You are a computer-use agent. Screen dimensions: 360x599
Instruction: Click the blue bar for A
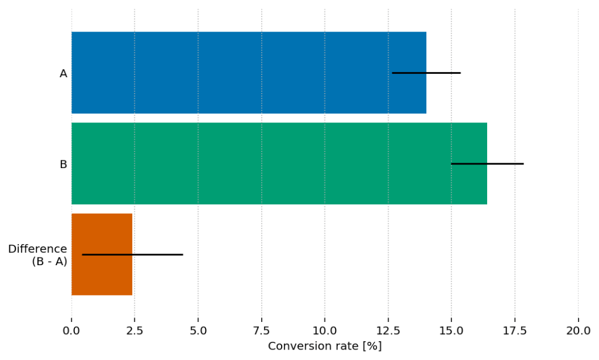click(234, 73)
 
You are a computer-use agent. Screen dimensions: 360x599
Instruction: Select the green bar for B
click(263, 163)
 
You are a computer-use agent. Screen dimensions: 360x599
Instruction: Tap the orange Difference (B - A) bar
click(102, 254)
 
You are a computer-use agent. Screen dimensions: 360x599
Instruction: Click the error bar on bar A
click(426, 73)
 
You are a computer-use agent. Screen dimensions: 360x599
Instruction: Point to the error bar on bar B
click(487, 163)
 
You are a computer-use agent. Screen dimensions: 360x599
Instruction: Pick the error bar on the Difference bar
click(132, 254)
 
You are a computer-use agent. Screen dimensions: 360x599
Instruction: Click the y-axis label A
click(63, 74)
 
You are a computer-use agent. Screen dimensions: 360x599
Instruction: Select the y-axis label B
click(63, 164)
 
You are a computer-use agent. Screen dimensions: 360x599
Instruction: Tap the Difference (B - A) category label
click(37, 255)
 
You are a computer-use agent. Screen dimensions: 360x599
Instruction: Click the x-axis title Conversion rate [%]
click(324, 346)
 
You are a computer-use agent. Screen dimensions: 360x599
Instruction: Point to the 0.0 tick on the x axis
click(71, 330)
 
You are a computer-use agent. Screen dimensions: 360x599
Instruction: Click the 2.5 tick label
click(135, 330)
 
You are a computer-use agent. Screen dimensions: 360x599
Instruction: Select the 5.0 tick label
click(198, 330)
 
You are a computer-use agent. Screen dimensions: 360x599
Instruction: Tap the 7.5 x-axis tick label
click(261, 330)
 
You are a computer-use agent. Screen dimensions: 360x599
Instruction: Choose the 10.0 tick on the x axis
click(324, 330)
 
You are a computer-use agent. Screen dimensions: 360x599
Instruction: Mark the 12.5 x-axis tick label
click(388, 330)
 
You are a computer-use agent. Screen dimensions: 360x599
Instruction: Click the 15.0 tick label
click(451, 330)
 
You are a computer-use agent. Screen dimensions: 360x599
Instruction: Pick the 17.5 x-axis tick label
click(515, 330)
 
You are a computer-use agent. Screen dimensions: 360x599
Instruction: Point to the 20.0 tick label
click(578, 330)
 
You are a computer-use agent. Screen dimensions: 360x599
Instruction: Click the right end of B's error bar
click(522, 163)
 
